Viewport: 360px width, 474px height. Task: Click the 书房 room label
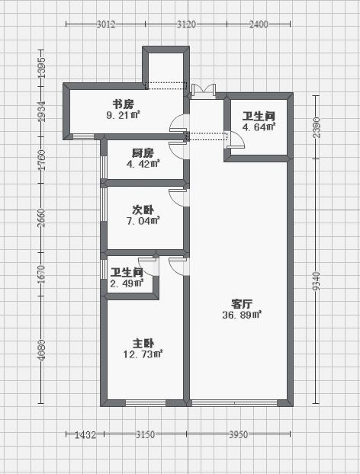coord(123,104)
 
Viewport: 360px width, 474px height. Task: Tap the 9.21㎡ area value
coord(123,115)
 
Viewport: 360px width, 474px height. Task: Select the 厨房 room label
coord(143,153)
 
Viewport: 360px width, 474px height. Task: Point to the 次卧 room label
coord(143,210)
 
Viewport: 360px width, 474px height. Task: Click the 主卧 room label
coord(143,343)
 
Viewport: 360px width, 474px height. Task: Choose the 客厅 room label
coord(242,303)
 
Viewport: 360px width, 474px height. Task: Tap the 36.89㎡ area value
coord(242,315)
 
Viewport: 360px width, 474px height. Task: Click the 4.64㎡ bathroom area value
coord(259,127)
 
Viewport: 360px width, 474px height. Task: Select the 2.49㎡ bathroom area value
coord(127,283)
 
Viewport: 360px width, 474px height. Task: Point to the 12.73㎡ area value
coord(143,354)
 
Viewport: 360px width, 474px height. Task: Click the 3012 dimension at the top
coord(106,24)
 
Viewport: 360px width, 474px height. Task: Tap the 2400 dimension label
coord(259,24)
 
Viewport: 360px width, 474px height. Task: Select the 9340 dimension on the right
coord(316,281)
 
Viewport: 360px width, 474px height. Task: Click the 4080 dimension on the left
coord(42,351)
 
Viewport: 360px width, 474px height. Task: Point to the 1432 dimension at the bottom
coord(85,434)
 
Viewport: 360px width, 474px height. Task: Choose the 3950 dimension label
coord(239,434)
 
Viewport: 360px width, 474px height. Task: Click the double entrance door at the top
coord(204,91)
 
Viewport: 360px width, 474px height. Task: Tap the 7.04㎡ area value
coord(143,221)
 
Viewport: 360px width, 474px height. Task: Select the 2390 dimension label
coord(316,127)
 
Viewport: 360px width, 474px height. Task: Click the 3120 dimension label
coord(186,24)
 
